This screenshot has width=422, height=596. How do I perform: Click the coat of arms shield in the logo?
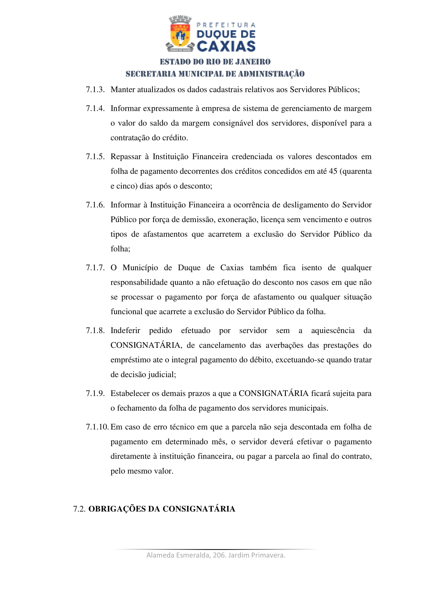tap(180, 35)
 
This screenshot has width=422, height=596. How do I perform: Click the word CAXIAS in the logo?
tap(226, 46)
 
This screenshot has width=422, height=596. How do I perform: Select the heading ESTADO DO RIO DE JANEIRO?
tap(215, 62)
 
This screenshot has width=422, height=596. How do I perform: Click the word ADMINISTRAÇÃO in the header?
tap(271, 74)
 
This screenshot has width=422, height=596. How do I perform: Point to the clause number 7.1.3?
tap(95, 89)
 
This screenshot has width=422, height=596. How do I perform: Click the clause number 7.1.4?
tap(95, 109)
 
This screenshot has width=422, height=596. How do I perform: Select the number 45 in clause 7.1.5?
tap(333, 171)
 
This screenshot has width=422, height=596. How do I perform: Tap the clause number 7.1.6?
tap(95, 205)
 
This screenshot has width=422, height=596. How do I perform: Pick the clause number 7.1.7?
tap(95, 268)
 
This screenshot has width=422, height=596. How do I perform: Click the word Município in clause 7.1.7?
tap(140, 268)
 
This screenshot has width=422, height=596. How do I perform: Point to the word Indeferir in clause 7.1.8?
tap(125, 330)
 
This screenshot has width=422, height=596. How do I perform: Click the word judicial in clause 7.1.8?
tap(162, 375)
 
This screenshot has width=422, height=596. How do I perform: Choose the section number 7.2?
tap(79, 509)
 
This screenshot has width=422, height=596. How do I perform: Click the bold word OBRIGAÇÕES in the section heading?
tap(117, 509)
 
